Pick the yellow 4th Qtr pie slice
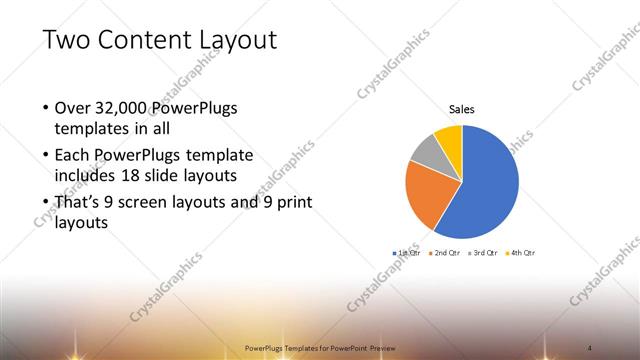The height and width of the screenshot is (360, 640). [x=449, y=136]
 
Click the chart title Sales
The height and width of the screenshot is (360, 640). [x=461, y=110]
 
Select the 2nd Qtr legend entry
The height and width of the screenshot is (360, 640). [x=445, y=253]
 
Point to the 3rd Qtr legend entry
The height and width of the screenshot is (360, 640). [x=484, y=253]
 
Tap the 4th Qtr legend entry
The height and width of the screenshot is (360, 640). [x=522, y=253]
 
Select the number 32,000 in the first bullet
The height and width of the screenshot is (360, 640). [x=126, y=108]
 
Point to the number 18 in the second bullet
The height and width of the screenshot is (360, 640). [x=150, y=176]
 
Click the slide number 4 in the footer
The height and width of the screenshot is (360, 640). [x=591, y=347]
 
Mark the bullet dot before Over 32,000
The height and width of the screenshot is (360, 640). [x=45, y=108]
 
